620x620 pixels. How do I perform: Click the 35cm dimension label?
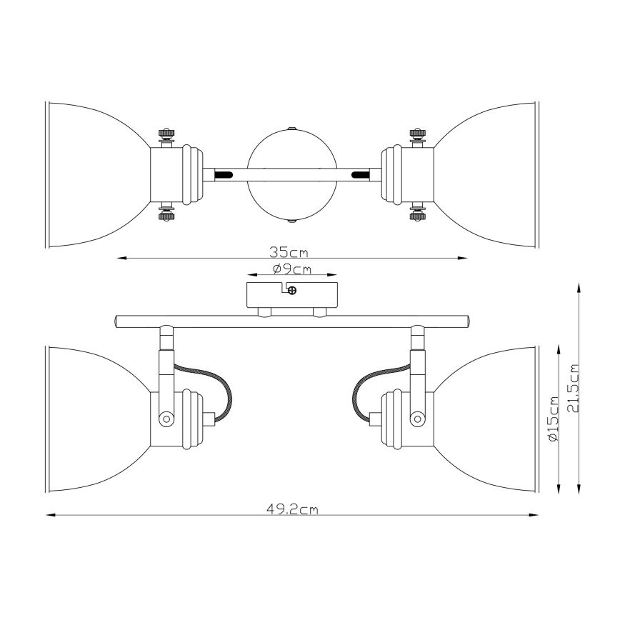point(289,252)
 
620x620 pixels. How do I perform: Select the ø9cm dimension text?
point(292,269)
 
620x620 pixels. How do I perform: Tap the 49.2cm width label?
point(292,509)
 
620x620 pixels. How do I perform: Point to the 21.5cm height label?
point(573,388)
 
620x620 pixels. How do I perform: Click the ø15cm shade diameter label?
point(553,419)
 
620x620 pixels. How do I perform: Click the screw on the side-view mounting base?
point(292,291)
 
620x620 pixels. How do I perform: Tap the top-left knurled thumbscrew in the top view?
point(167,135)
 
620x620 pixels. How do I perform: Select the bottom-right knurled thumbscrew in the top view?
point(416,213)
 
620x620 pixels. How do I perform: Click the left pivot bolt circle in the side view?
point(166,418)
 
